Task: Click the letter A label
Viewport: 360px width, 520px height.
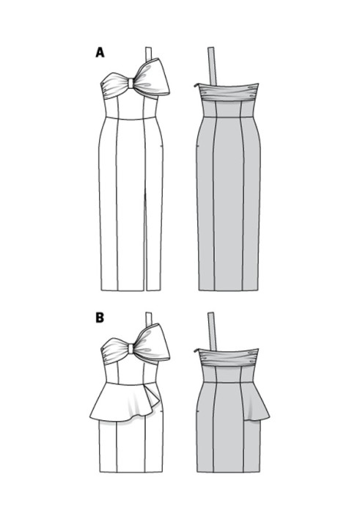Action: (x=100, y=52)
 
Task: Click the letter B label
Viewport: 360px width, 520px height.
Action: (x=100, y=318)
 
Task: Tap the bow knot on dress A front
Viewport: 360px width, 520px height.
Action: (x=131, y=83)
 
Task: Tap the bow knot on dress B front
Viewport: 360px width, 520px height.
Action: (x=131, y=348)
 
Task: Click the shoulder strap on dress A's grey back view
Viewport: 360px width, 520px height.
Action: (x=212, y=66)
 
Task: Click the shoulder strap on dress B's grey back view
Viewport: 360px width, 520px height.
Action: (x=212, y=331)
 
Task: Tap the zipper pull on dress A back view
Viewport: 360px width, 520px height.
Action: (x=196, y=86)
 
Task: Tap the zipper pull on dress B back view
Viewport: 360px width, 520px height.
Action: (x=196, y=350)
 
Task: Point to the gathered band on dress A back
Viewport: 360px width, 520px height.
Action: (x=228, y=92)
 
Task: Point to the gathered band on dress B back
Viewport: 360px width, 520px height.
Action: (x=228, y=356)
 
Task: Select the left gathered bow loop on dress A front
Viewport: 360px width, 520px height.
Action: (x=114, y=87)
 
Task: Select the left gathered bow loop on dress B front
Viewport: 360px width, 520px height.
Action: (x=114, y=351)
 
